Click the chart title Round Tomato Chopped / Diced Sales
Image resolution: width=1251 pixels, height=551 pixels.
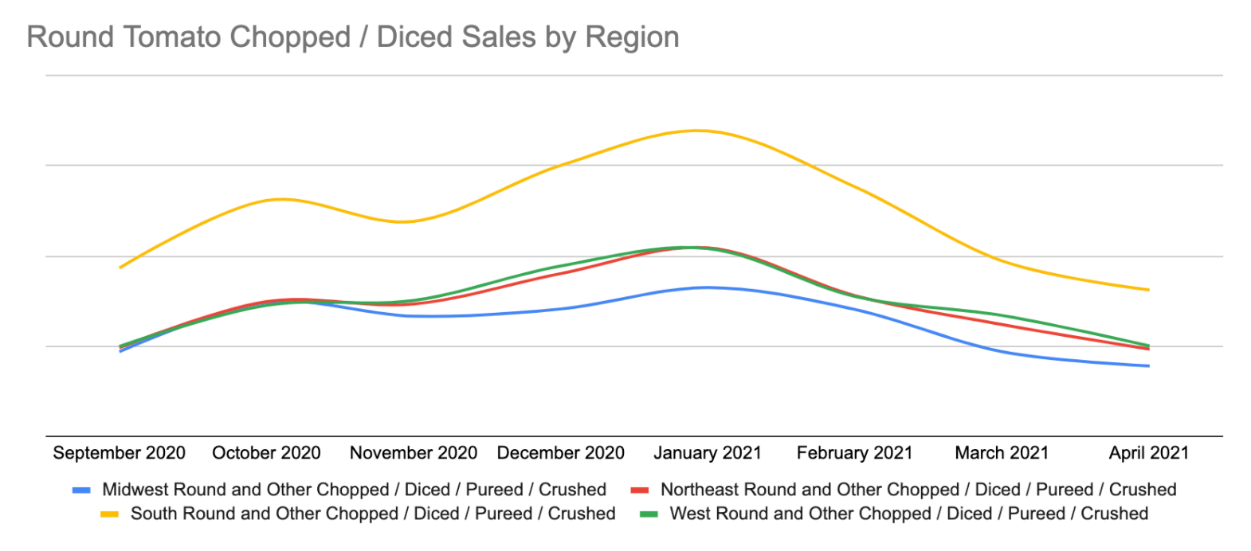pos(352,37)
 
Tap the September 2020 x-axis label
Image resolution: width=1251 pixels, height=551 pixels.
pos(119,453)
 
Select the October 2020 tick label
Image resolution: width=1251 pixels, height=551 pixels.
pos(266,453)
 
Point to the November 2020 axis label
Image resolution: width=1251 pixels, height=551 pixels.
pos(413,453)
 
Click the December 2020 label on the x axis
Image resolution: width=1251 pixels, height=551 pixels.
pos(560,453)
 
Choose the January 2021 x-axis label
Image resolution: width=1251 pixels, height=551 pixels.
pos(708,453)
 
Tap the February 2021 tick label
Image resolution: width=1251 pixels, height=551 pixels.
pos(854,453)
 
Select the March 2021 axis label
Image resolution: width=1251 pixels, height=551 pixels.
pos(1002,453)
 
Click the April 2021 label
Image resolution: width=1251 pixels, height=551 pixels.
pos(1148,453)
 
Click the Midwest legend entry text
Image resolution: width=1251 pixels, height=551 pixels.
pos(354,490)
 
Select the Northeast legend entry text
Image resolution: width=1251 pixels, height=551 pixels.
pos(918,490)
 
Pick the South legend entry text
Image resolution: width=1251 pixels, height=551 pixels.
pos(373,514)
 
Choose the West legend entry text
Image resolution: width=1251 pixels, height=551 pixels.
pos(908,514)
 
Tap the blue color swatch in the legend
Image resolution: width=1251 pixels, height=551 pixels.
pos(81,490)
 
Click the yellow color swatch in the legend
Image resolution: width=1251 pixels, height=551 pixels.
pos(109,514)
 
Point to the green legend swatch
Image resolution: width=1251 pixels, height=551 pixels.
pos(649,514)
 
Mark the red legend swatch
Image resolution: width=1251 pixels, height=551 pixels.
pos(639,490)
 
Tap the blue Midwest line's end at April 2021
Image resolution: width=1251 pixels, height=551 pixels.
pos(1148,366)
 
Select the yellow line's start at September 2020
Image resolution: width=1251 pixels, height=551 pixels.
pos(120,268)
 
